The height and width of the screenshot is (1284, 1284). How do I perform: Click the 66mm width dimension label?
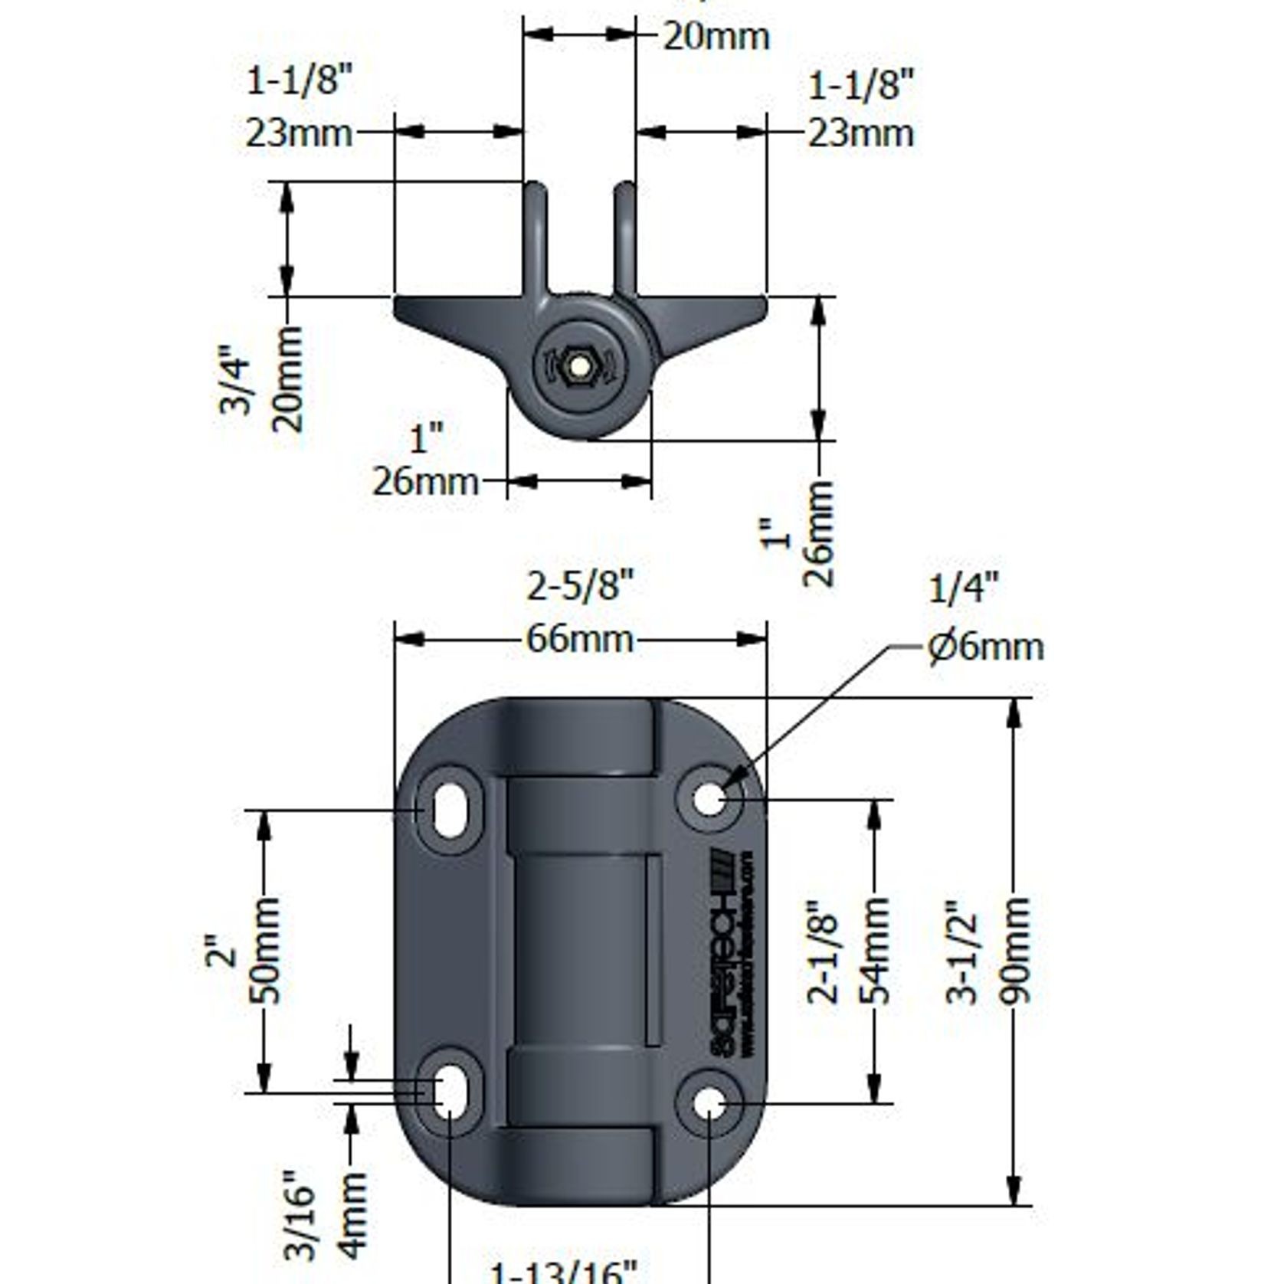click(x=580, y=640)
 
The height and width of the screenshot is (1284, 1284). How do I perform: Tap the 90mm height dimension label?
click(x=1014, y=951)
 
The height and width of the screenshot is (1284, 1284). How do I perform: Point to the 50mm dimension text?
click(x=265, y=951)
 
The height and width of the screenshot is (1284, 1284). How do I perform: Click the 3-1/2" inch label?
click(x=963, y=951)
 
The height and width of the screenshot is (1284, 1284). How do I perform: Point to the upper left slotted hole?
click(x=450, y=810)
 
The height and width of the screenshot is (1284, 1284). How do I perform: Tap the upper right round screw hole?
click(x=709, y=799)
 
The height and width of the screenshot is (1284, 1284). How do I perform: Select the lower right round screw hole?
click(x=709, y=1104)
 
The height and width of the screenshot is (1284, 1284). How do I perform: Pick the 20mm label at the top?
click(x=716, y=37)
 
